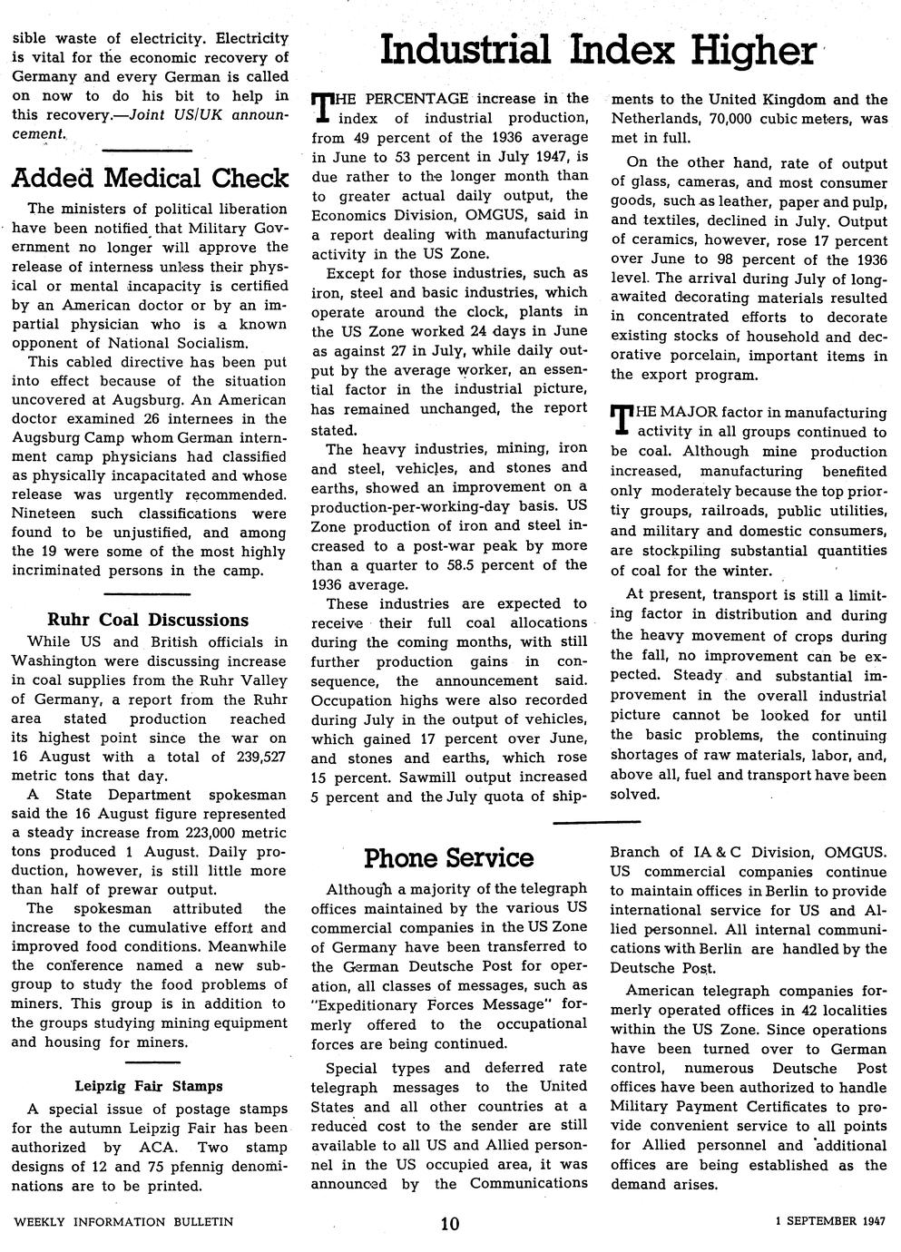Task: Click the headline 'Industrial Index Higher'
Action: click(597, 50)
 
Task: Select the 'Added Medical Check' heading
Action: click(150, 177)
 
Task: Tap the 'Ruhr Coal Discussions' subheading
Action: click(148, 621)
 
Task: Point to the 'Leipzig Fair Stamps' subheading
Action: click(149, 1086)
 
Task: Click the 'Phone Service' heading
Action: click(448, 858)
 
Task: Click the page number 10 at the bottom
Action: click(450, 1223)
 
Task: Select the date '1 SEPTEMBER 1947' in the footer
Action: click(831, 1221)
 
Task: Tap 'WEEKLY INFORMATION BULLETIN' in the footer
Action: click(123, 1222)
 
